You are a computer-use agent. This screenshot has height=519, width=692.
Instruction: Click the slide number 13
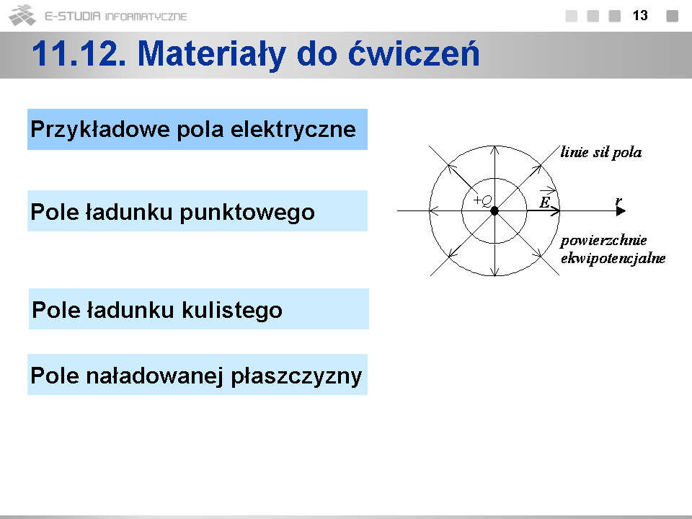pos(640,15)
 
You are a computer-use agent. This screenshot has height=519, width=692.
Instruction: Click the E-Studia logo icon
pos(22,15)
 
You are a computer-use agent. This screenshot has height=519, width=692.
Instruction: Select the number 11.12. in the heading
pos(79,54)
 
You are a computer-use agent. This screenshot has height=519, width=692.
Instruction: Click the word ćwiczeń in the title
pos(414,54)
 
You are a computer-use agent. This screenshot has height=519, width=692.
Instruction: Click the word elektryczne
pos(293,129)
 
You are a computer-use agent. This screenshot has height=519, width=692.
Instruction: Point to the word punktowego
pos(247,213)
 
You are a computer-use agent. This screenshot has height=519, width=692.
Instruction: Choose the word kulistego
pos(232,310)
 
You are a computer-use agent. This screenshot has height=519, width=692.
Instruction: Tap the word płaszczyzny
pos(296,377)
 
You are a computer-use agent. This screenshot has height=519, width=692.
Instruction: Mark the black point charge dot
pos(494,211)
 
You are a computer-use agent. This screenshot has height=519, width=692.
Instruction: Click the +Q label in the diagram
pos(482,201)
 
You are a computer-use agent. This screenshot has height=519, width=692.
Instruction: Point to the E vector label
pos(545,202)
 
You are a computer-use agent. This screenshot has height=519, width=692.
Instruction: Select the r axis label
pos(618,201)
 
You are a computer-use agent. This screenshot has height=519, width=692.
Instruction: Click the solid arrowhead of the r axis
pos(621,211)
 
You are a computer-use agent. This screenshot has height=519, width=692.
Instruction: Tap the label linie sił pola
pos(601,152)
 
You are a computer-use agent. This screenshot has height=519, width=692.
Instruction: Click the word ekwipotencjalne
pos(613,258)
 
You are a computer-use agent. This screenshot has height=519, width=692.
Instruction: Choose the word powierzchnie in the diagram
pos(603,241)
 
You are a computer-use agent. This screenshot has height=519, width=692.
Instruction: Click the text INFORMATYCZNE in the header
pos(146,17)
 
